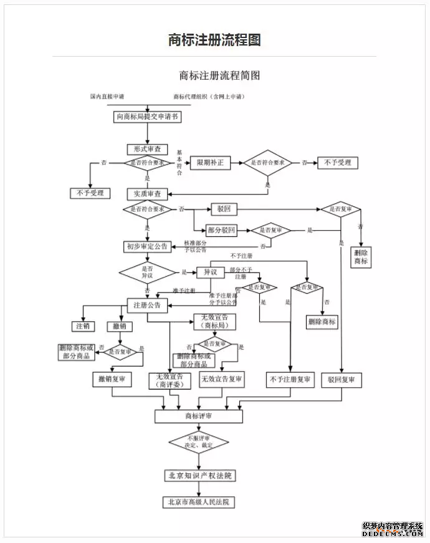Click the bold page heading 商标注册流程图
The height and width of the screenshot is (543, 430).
(214, 40)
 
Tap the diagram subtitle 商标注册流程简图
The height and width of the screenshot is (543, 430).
(219, 75)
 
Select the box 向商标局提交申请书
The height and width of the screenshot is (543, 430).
(148, 117)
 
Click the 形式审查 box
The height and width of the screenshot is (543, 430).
(148, 149)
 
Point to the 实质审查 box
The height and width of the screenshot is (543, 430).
(148, 194)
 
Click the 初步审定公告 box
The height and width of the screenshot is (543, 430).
(147, 247)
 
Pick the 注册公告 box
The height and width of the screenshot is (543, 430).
(147, 305)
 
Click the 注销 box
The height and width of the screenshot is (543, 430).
(82, 326)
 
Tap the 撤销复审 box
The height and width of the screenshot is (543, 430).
(112, 379)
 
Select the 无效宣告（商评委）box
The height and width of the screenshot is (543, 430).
(170, 380)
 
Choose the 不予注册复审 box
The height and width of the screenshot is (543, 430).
(290, 380)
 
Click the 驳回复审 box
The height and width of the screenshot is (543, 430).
(341, 380)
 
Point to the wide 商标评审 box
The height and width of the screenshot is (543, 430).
(199, 416)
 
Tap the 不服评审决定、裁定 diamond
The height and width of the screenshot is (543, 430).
(199, 442)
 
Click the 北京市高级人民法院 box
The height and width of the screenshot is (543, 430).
(199, 502)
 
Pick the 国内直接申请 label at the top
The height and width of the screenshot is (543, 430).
(107, 97)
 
